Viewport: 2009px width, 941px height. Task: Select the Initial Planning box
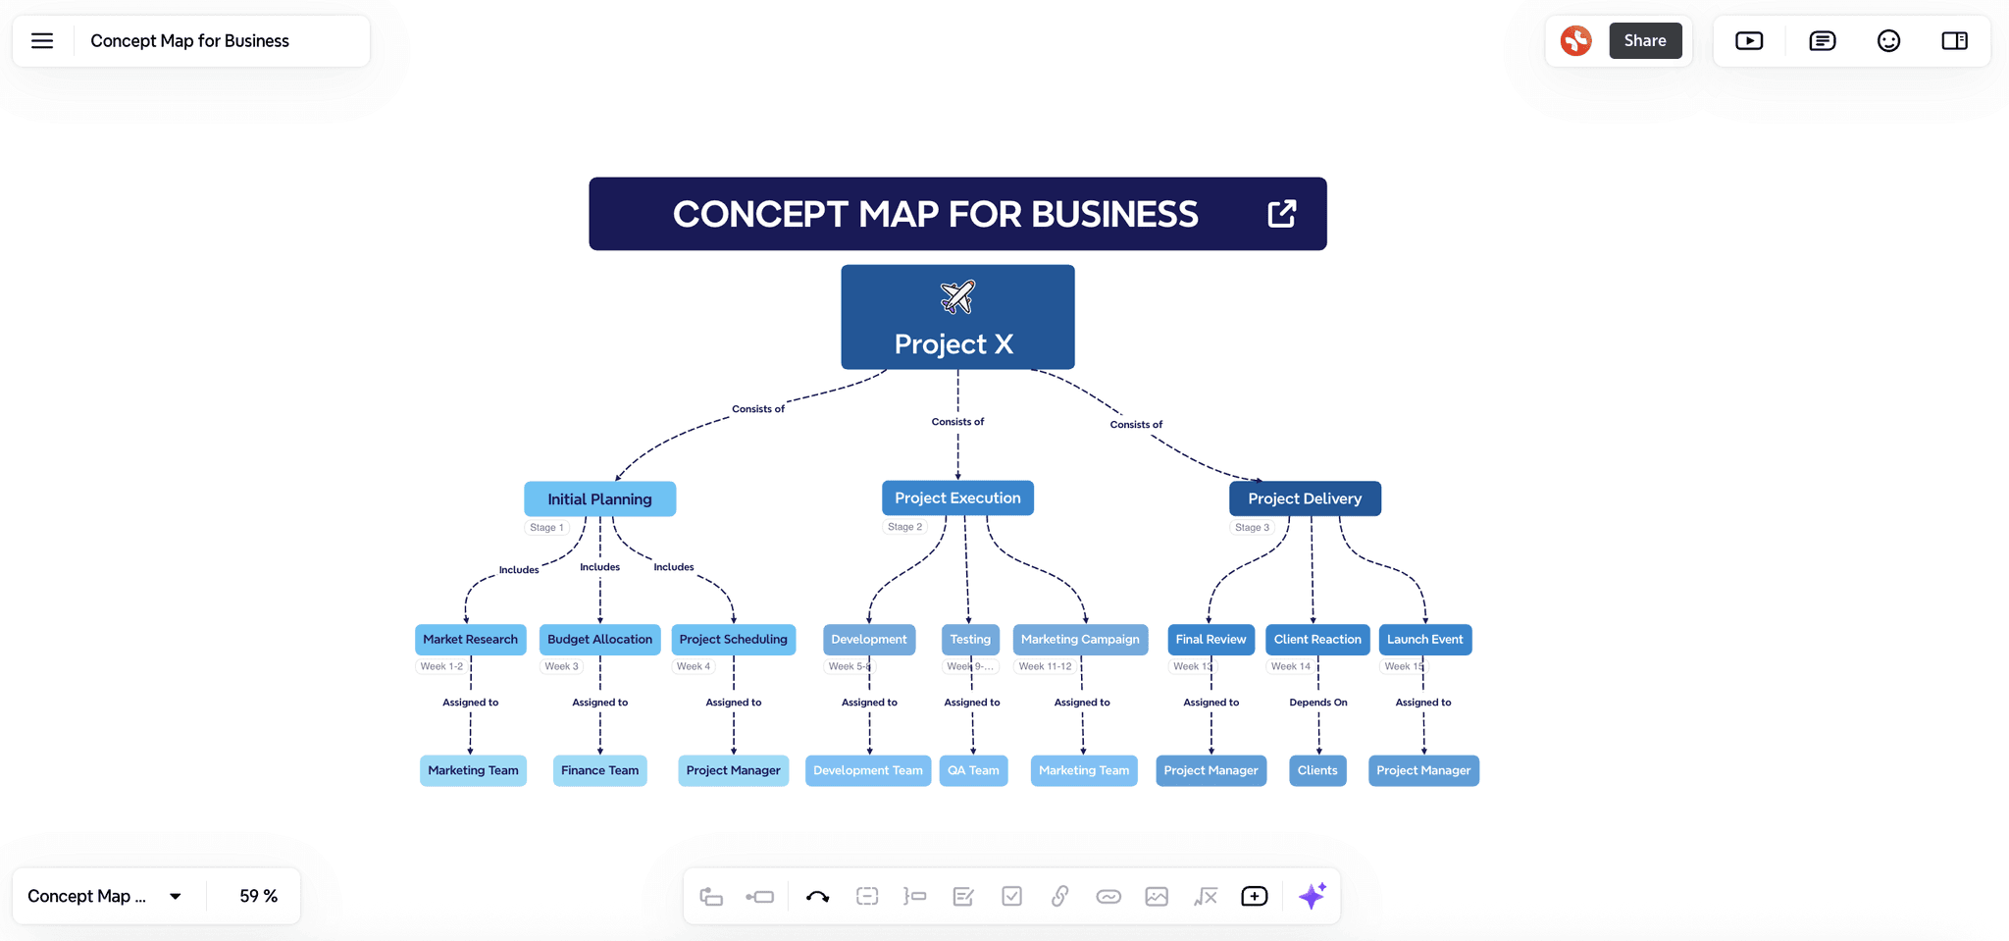[599, 498]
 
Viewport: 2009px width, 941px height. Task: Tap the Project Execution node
[957, 497]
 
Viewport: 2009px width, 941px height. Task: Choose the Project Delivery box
[1305, 498]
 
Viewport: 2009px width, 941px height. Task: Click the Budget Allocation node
[599, 639]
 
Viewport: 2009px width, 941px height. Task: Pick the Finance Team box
[599, 770]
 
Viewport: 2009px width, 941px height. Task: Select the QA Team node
[973, 770]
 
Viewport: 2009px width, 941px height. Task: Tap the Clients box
[1317, 770]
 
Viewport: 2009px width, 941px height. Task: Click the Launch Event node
[1424, 639]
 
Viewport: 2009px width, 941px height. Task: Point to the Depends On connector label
[1317, 703]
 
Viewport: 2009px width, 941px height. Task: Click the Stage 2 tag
[904, 527]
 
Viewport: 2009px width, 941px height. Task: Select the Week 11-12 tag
[1045, 666]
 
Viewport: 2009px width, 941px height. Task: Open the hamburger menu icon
[42, 40]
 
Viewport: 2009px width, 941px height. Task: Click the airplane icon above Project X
[957, 295]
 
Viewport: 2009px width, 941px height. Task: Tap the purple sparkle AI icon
[1312, 896]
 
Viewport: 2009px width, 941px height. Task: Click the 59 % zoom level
[258, 896]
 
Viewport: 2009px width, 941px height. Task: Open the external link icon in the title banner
[1281, 214]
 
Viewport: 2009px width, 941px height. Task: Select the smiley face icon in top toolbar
[1888, 40]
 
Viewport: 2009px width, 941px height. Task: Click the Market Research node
[470, 639]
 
